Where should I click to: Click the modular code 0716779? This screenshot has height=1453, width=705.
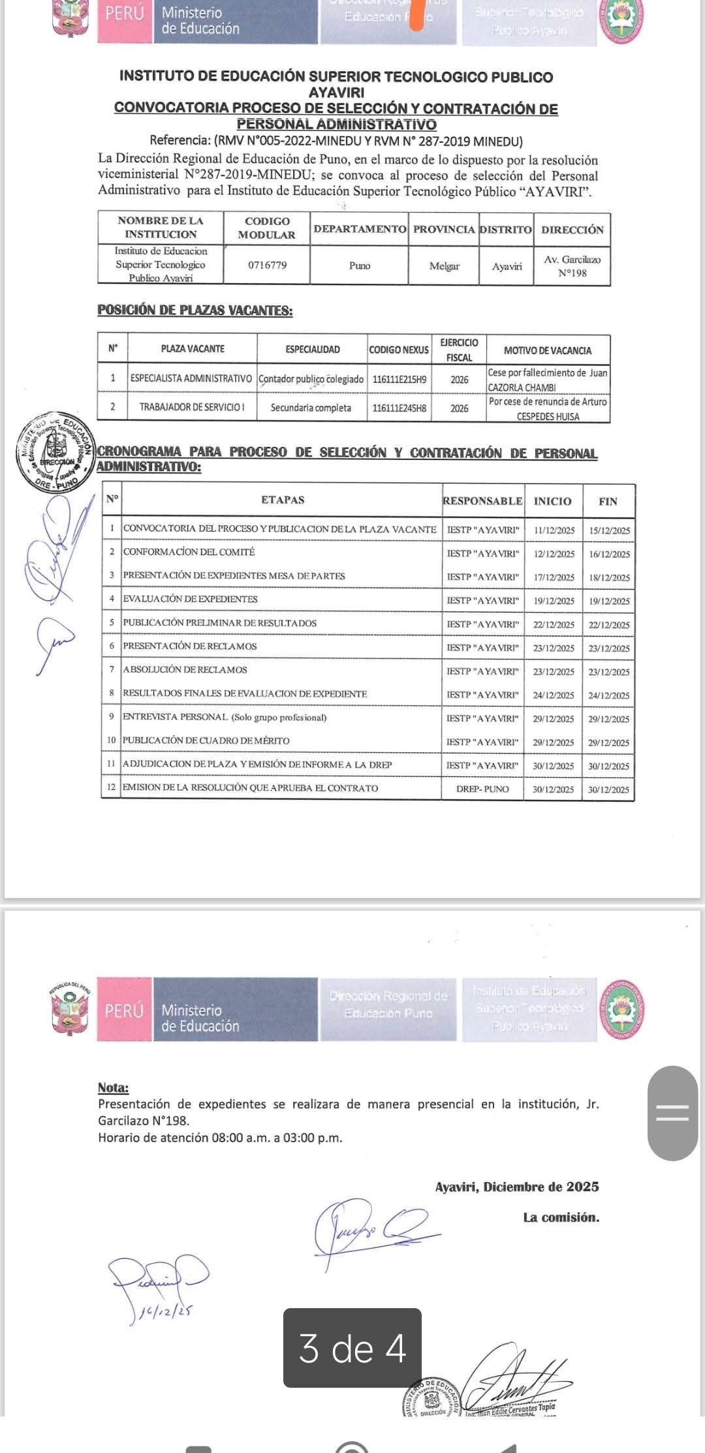[267, 265]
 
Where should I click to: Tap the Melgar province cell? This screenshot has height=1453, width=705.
[444, 266]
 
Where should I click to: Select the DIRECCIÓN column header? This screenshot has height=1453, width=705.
[572, 230]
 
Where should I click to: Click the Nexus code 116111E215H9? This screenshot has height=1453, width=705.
[399, 379]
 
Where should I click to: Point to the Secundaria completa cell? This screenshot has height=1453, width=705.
[311, 408]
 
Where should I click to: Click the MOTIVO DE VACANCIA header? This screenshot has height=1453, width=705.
[547, 350]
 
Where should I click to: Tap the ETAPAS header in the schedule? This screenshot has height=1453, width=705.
[283, 500]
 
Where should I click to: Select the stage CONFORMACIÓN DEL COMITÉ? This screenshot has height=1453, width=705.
[189, 552]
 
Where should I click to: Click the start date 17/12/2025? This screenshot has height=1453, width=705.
[554, 577]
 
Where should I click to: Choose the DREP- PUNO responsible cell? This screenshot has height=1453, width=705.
[482, 789]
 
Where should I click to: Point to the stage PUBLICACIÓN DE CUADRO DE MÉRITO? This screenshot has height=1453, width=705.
[206, 741]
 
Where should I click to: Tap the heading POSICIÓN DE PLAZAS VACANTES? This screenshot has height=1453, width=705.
[195, 311]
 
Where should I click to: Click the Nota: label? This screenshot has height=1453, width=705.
[113, 1088]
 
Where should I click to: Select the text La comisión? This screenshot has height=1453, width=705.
[561, 1217]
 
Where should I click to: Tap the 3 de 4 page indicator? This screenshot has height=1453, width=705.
[352, 1348]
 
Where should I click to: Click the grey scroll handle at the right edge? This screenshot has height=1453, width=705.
[672, 1113]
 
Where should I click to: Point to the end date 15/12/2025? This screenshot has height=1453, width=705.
[609, 530]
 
